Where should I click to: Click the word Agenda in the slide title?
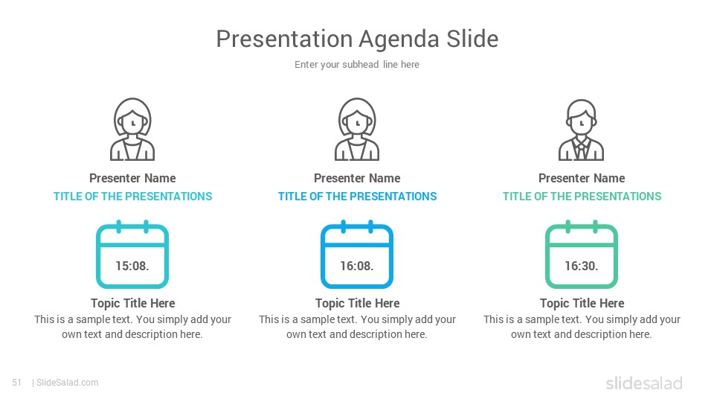tap(399, 39)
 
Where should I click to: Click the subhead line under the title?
tap(357, 65)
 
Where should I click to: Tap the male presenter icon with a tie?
tap(582, 130)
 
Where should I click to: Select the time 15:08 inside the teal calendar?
tap(132, 266)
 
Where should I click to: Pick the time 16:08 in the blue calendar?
tap(357, 266)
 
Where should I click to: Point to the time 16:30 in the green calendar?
tap(582, 266)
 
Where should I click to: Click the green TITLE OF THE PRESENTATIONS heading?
tap(582, 197)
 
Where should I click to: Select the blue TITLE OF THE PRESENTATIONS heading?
tap(358, 197)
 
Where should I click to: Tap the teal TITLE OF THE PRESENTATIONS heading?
tap(133, 197)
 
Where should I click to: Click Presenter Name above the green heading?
tap(582, 178)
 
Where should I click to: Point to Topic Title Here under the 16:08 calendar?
tap(358, 303)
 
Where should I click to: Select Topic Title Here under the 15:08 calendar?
tap(133, 303)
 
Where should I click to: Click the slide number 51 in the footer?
tap(17, 383)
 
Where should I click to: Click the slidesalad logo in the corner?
tap(644, 383)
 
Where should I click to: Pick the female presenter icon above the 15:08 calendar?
tap(132, 130)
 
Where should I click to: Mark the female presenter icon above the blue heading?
tap(357, 130)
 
